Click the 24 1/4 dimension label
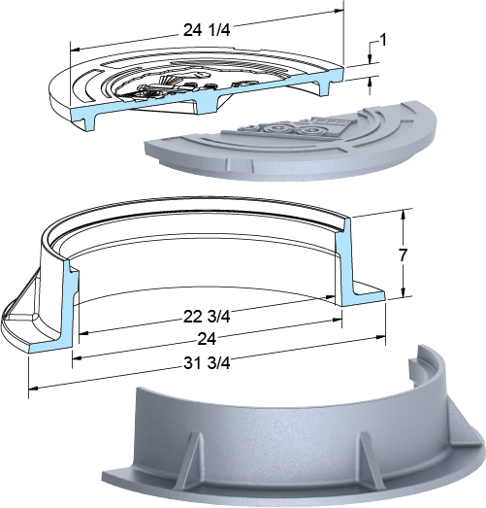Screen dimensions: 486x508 (x=207, y=30)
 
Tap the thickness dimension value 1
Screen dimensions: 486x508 (x=382, y=41)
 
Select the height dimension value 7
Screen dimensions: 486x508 (x=403, y=255)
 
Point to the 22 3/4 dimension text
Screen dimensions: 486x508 (x=207, y=317)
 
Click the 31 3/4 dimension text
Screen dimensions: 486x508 (x=207, y=363)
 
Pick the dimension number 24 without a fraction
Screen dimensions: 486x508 (x=207, y=339)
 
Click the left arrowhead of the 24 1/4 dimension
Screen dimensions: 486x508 (x=75, y=50)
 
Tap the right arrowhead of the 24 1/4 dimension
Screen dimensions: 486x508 (x=339, y=11)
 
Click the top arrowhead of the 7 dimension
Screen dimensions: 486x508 (x=403, y=214)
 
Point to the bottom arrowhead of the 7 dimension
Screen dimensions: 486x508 (x=403, y=292)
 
